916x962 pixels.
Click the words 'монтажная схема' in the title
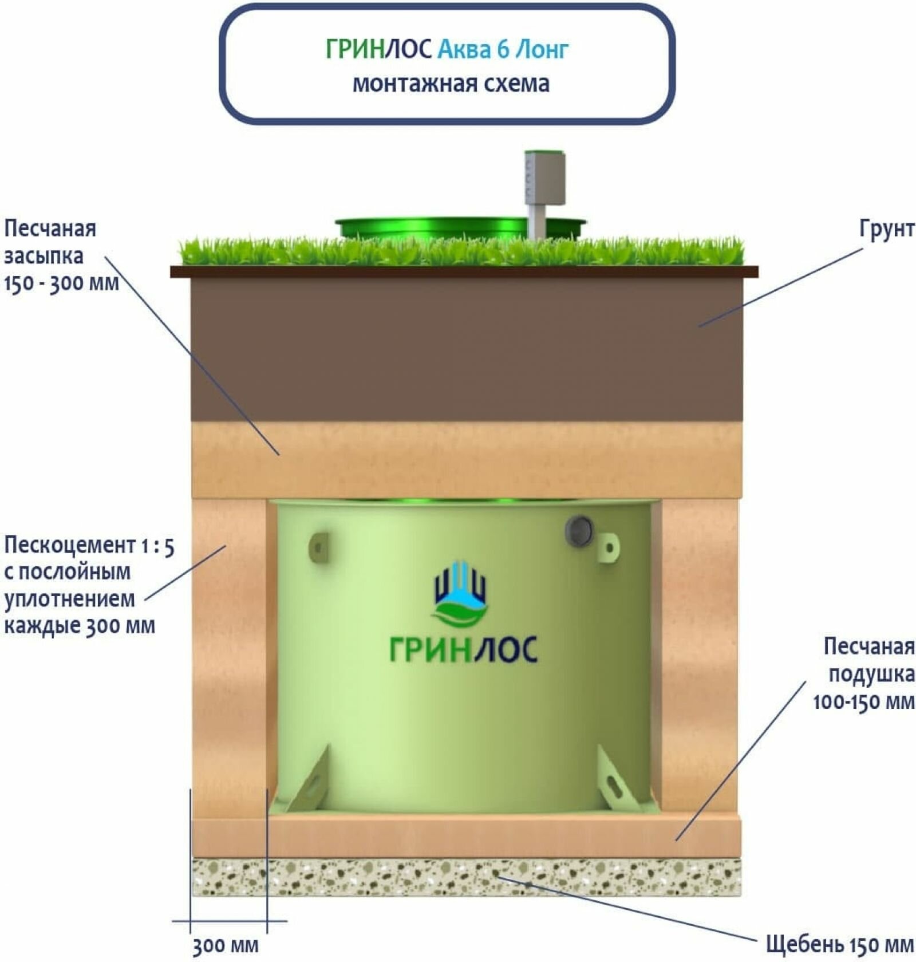451,84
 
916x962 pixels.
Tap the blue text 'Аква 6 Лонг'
503,50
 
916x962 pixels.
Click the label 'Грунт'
886,229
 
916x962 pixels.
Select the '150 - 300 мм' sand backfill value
61,283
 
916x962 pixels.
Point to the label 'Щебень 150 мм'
839,944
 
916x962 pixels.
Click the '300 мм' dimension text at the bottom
225,945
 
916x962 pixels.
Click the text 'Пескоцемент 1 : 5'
89,546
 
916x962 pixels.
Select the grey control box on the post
545,179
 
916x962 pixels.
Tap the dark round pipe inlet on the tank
579,530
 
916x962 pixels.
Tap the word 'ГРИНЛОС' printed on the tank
463,649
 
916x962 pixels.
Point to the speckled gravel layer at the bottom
467,877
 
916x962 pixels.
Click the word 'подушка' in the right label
871,674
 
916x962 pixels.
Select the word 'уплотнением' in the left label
69,599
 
